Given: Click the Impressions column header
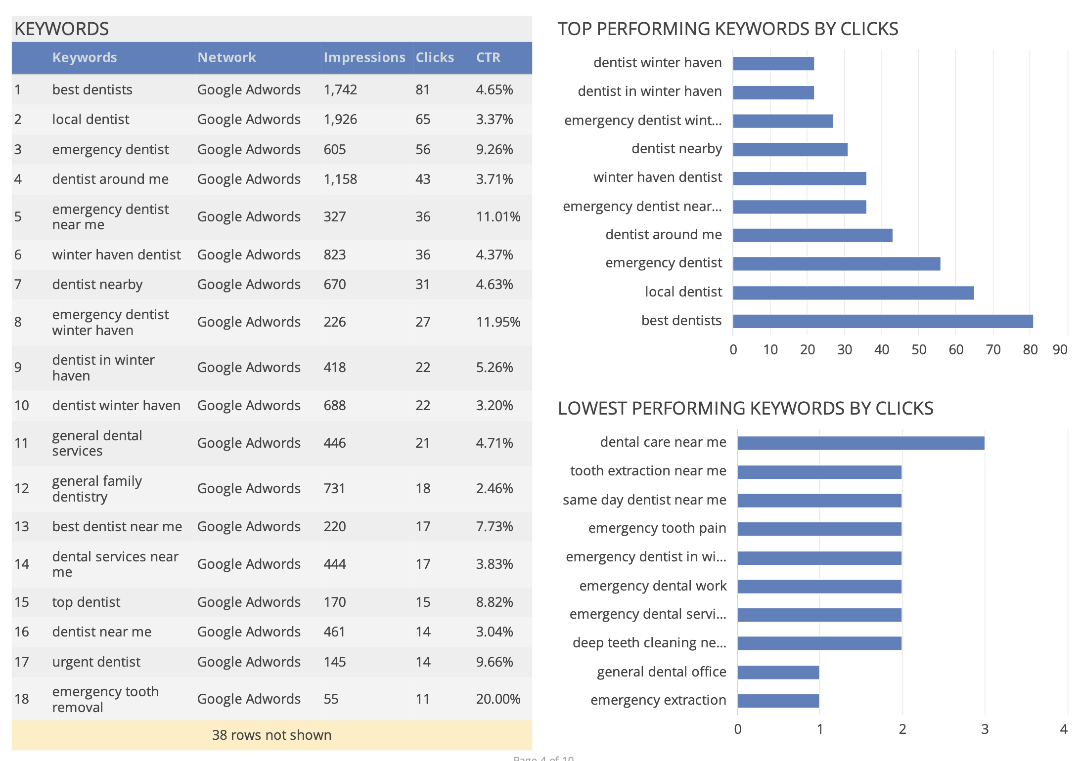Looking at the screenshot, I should [x=364, y=58].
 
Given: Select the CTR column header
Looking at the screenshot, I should [x=488, y=58].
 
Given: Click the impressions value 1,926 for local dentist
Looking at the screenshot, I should [x=340, y=120].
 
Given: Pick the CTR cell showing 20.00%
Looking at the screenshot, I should [x=497, y=699].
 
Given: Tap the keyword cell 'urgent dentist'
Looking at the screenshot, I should [x=96, y=662].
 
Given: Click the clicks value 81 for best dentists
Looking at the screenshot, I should [x=422, y=90].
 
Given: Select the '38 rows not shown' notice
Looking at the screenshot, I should [x=271, y=735].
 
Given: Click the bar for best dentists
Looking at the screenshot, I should [x=883, y=321].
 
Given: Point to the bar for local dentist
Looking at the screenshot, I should [x=853, y=293].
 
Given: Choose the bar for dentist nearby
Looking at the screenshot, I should [x=790, y=149].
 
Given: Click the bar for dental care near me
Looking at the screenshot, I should [x=860, y=443].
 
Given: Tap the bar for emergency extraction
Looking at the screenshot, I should [x=778, y=701].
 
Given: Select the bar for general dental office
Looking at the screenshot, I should [x=778, y=672].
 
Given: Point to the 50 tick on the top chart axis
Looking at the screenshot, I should [x=918, y=350].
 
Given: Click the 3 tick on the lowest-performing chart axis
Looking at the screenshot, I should [x=985, y=729].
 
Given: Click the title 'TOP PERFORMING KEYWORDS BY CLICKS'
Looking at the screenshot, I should [x=727, y=29].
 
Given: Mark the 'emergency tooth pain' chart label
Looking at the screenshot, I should [x=657, y=528].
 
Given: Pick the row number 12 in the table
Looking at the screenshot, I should [x=22, y=489].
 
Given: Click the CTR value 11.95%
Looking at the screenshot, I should [x=497, y=322].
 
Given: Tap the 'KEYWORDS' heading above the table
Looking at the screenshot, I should [x=62, y=29].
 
